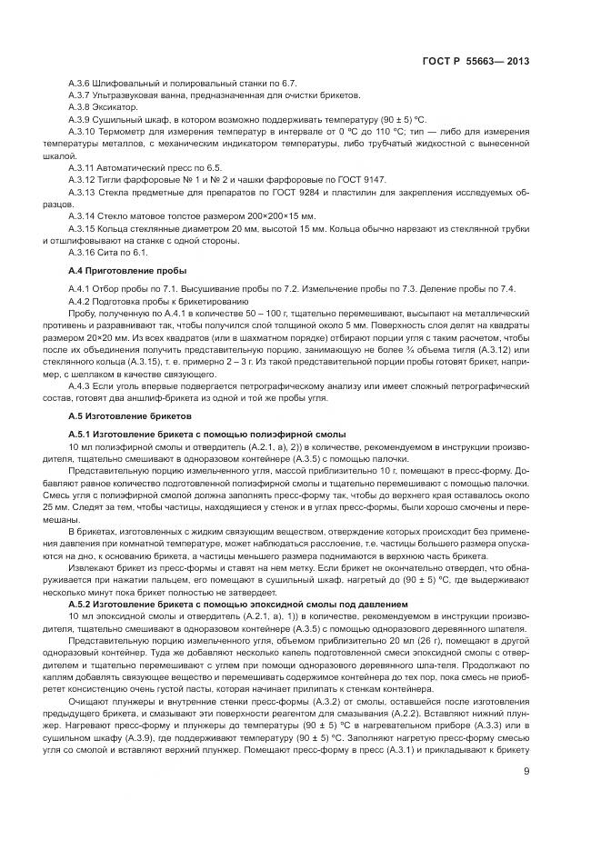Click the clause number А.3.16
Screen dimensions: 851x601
82,252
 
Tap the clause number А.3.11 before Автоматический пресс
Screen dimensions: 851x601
82,168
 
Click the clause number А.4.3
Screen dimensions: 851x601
80,385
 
